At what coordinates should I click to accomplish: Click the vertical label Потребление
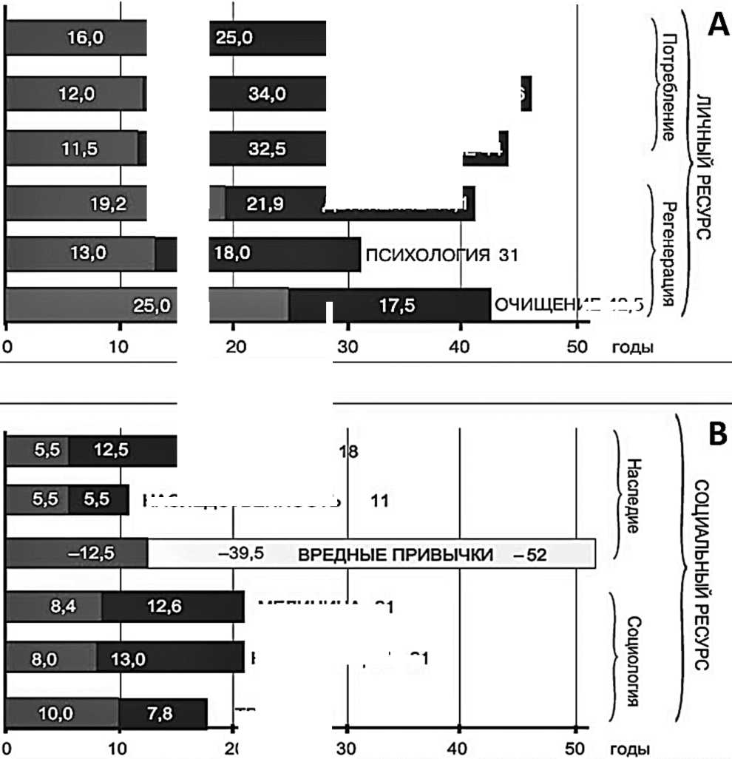click(x=668, y=87)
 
